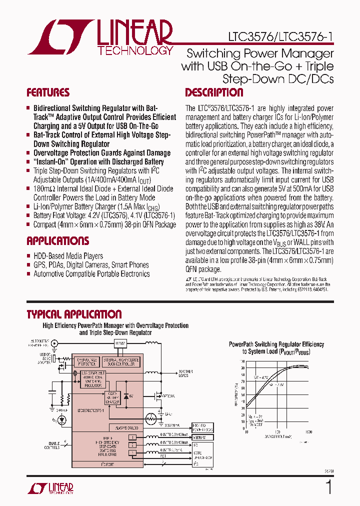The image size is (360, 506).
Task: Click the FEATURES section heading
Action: (x=48, y=93)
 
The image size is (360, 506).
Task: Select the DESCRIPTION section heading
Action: (x=214, y=93)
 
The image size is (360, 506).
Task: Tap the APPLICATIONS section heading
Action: (x=57, y=241)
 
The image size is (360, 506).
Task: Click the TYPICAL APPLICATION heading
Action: (x=74, y=314)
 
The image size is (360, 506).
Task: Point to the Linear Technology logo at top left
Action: (x=100, y=38)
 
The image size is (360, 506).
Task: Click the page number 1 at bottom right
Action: (x=328, y=487)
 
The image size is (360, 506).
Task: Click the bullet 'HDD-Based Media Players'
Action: (x=68, y=256)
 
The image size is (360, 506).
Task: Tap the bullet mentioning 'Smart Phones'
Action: (x=91, y=265)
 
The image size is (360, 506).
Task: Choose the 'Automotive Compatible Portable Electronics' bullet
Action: (x=91, y=274)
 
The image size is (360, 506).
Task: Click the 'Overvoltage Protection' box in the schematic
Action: (x=87, y=361)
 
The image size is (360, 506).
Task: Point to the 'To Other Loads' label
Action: (x=188, y=373)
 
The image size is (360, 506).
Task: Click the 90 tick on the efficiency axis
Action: (x=243, y=368)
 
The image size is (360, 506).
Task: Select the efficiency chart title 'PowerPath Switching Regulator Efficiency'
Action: (x=276, y=344)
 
